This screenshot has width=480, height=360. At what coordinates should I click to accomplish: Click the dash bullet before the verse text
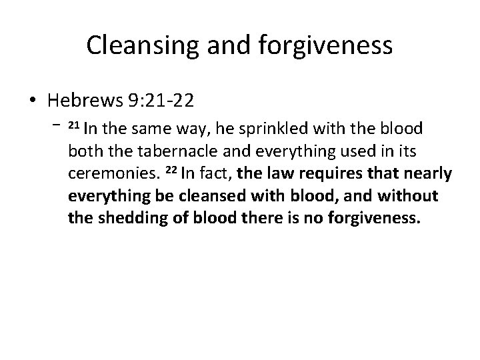pos(56,125)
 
